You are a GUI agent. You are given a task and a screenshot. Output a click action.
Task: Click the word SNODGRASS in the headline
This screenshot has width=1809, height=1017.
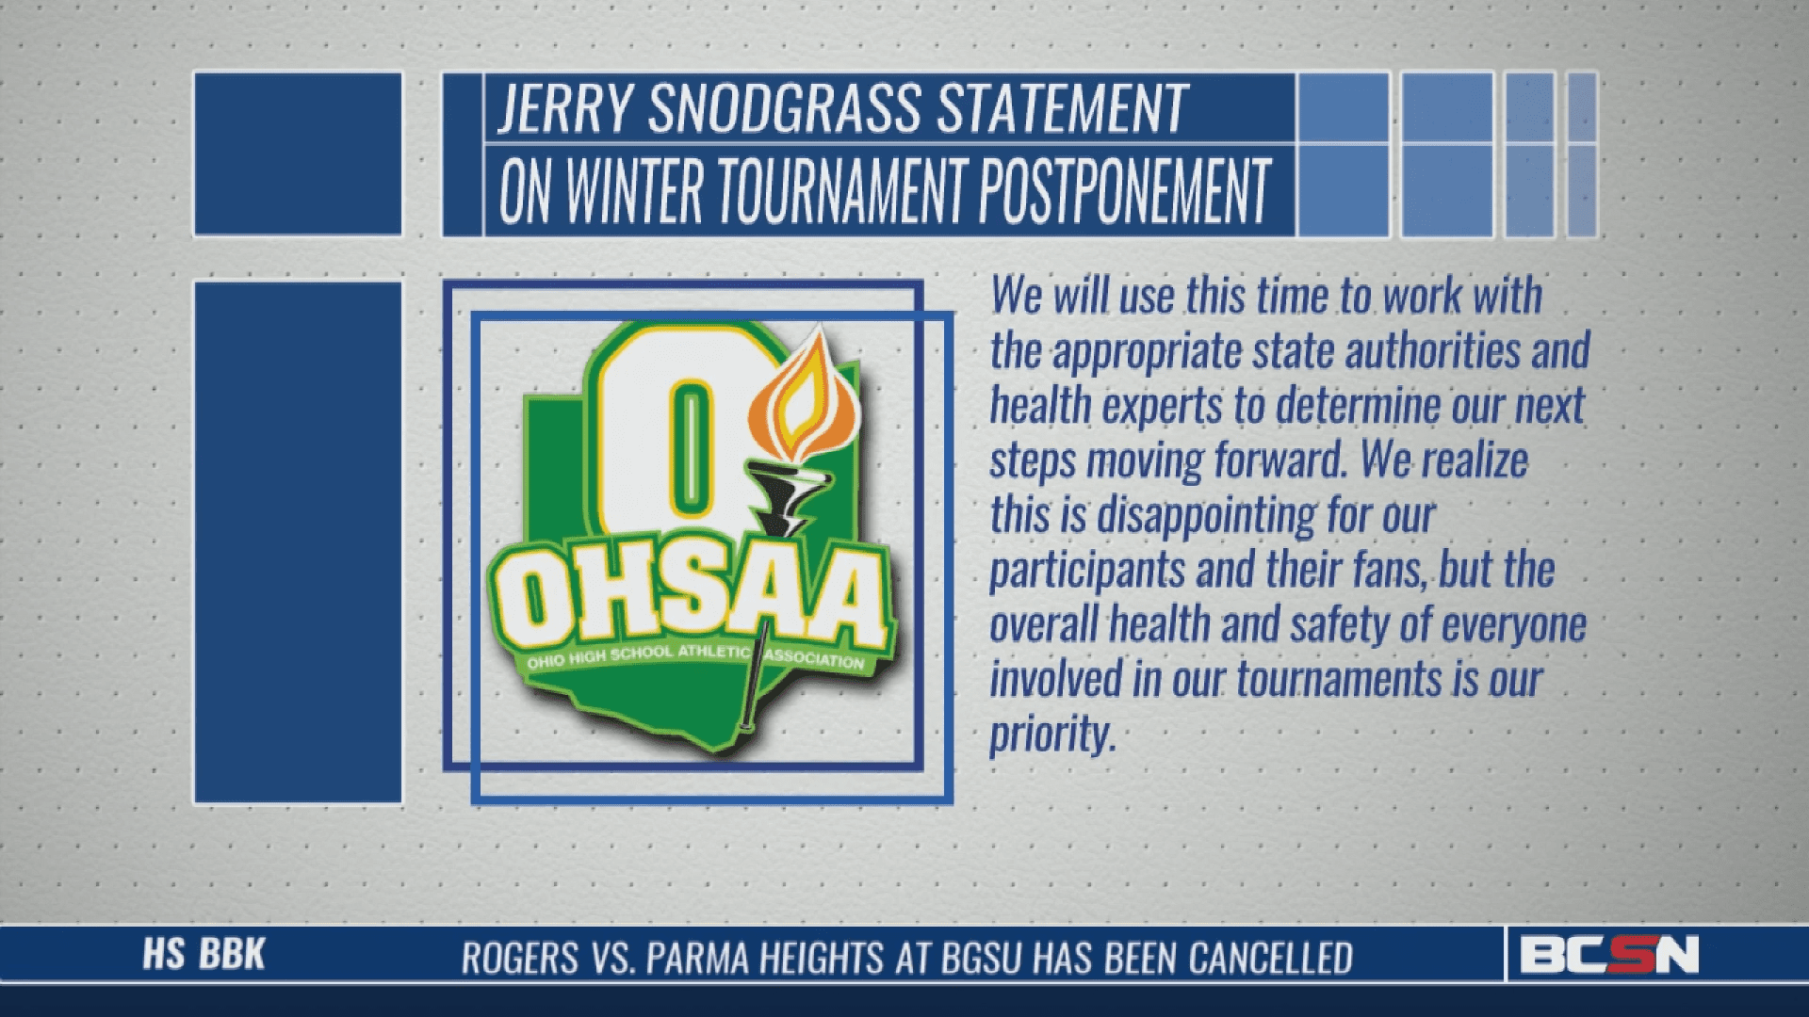pos(784,108)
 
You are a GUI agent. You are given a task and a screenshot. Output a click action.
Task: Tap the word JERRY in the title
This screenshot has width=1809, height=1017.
pos(564,108)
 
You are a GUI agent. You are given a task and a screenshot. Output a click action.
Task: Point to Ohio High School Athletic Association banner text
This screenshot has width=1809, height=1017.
pos(695,655)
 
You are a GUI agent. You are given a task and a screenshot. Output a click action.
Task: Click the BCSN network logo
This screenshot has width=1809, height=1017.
pos(1609,955)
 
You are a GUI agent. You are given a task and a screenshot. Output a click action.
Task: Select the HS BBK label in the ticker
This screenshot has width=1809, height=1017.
pos(204,955)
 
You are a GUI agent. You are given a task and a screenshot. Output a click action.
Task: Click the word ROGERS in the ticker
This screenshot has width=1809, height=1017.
pos(519,959)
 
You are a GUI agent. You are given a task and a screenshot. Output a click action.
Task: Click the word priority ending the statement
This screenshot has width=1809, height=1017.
pos(1052,734)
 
